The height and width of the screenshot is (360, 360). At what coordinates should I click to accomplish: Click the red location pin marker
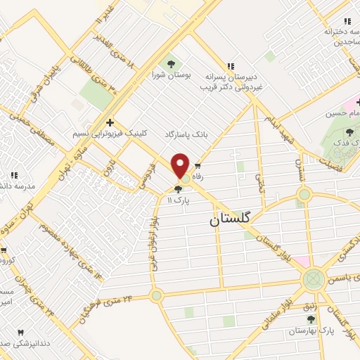(181, 165)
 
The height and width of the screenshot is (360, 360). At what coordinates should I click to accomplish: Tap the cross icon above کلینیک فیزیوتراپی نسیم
(110, 122)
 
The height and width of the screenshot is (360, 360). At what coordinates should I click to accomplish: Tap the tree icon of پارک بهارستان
(311, 319)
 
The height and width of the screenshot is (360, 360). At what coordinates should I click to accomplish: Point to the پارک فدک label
(345, 143)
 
